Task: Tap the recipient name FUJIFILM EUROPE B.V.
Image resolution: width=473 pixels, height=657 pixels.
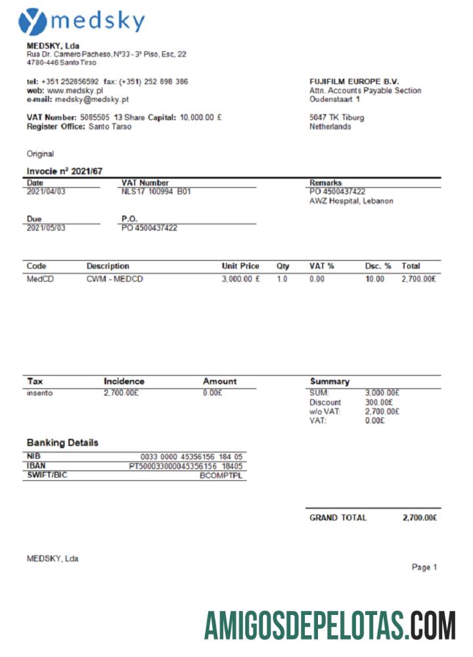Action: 354,81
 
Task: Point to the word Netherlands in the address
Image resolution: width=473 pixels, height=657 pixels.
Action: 330,127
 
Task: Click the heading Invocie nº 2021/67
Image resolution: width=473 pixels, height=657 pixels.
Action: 64,171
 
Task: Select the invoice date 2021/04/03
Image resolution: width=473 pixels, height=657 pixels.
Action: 46,192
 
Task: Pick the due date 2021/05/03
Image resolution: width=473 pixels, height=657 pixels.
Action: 46,228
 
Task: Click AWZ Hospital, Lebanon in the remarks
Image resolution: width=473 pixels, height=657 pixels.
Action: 351,201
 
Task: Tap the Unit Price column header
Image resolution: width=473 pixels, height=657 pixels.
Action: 240,266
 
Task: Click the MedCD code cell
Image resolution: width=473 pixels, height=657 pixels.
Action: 40,279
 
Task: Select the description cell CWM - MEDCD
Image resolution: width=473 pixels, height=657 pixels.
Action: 115,279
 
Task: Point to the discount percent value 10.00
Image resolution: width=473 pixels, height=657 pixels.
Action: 374,279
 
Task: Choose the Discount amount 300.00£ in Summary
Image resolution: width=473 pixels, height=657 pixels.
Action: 379,402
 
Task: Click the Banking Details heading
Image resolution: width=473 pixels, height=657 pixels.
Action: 62,443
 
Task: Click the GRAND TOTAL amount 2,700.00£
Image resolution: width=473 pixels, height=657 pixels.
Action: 420,518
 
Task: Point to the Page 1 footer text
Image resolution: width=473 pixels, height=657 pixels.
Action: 424,567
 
